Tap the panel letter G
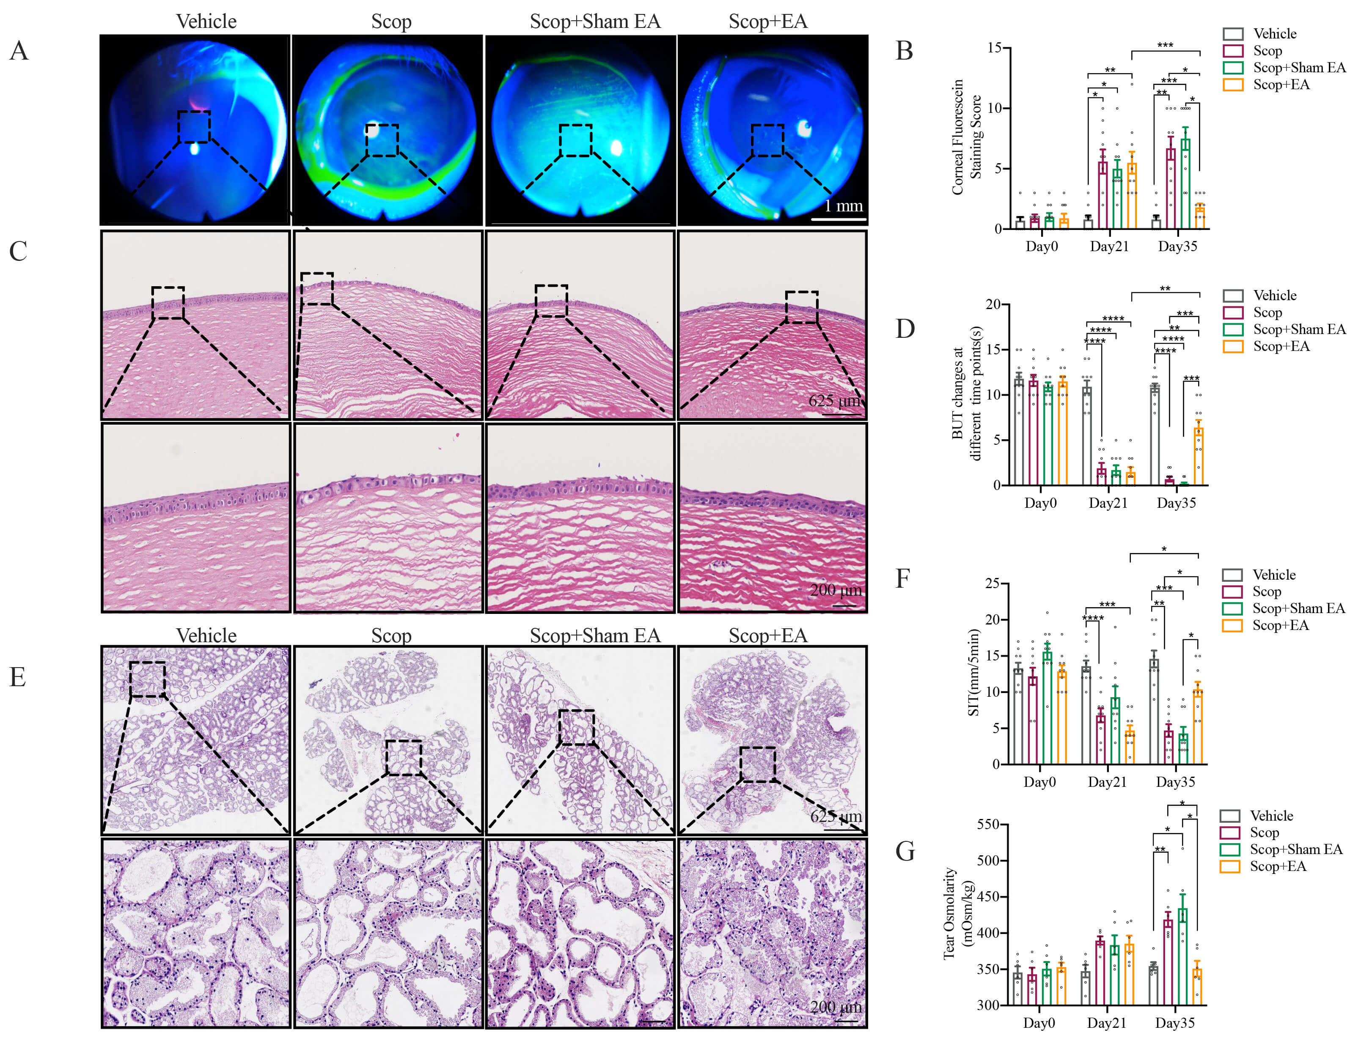click(905, 851)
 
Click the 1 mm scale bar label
click(844, 206)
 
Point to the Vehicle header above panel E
click(206, 636)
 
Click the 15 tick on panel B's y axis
click(994, 48)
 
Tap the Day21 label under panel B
click(1109, 246)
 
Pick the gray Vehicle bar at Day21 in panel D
click(1087, 436)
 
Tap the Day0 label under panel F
click(1039, 783)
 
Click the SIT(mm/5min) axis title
click(973, 672)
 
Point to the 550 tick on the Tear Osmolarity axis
click(988, 825)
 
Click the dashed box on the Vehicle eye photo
click(194, 127)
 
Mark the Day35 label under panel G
click(1175, 1023)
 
